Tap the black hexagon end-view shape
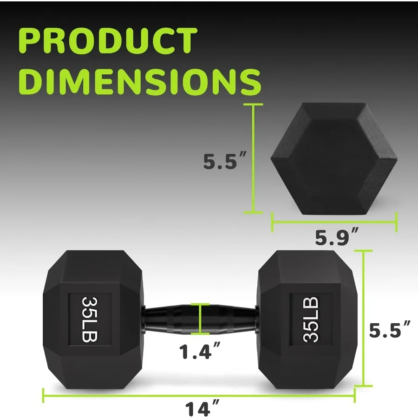click(333, 159)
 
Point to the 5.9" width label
click(336, 239)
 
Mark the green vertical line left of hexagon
click(253, 159)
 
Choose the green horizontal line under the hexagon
click(333, 222)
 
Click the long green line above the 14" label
click(200, 395)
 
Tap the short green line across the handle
click(200, 319)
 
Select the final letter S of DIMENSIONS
click(249, 82)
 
